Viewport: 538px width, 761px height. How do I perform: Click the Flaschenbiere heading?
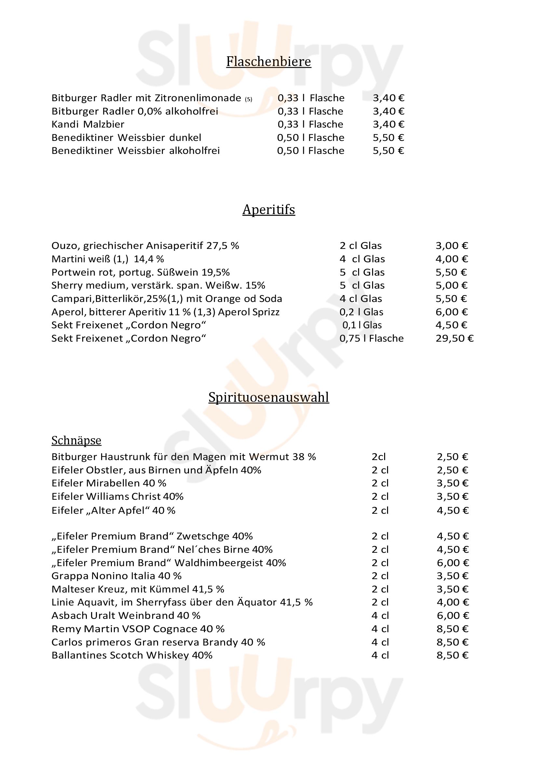pos(268,61)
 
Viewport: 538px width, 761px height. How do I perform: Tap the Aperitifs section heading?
pos(268,210)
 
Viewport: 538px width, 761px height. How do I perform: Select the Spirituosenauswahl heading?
pos(268,397)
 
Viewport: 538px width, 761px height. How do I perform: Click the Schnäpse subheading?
pos(76,440)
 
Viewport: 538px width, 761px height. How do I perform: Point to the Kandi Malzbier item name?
pos(88,124)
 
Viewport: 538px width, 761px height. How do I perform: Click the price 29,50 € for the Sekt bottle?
pos(454,338)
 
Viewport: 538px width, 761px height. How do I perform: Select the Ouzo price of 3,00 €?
pos(451,246)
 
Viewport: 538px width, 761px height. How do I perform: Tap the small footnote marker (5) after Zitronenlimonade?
pos(249,99)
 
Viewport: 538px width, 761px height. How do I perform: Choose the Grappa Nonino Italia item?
pos(116,576)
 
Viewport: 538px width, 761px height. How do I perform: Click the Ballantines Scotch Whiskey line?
pos(132,655)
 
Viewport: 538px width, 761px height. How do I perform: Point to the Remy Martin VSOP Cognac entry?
pos(138,629)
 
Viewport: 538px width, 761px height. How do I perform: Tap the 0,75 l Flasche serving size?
pos(371,338)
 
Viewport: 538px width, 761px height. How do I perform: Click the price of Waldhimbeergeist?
pos(452,563)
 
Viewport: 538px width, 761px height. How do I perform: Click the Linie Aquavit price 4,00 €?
pos(452,602)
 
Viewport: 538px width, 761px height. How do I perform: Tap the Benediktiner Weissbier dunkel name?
pos(126,138)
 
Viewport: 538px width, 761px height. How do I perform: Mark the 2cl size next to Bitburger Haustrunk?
pos(379,457)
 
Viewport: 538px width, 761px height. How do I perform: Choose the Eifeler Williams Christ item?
pos(117,496)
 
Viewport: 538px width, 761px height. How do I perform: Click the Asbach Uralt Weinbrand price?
pos(452,616)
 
